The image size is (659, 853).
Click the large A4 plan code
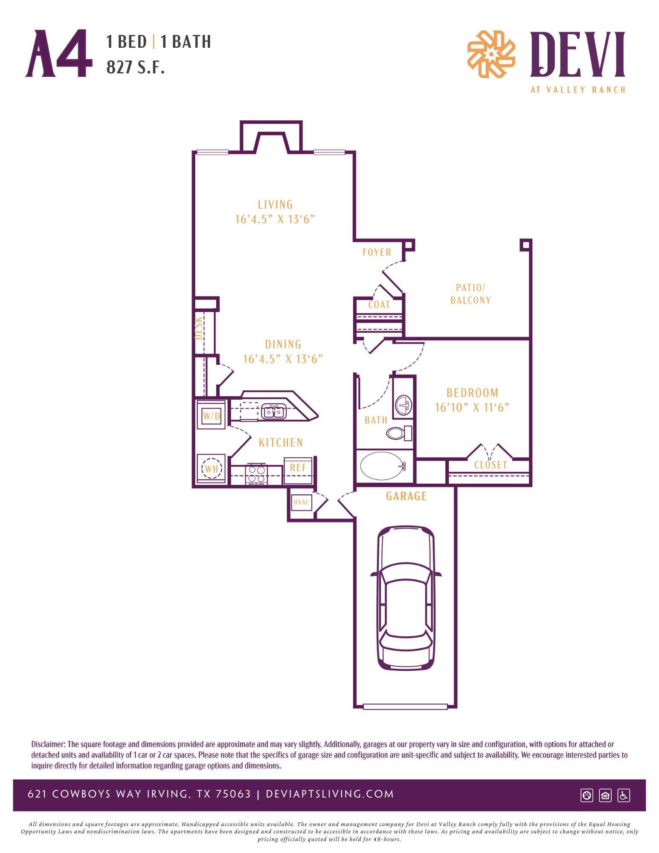coord(59,54)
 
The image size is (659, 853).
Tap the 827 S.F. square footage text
coord(135,67)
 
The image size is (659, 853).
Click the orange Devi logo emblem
coord(491,54)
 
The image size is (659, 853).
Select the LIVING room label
coord(275,204)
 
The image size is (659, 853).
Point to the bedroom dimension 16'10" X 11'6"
coord(472,407)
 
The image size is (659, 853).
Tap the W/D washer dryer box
coord(211,415)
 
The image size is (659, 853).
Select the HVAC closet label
coord(301,502)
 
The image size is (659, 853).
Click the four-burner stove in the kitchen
coord(256,474)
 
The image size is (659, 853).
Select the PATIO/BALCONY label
coord(470,294)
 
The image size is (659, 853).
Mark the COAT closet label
coord(379,305)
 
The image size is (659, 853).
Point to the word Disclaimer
coord(48,744)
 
